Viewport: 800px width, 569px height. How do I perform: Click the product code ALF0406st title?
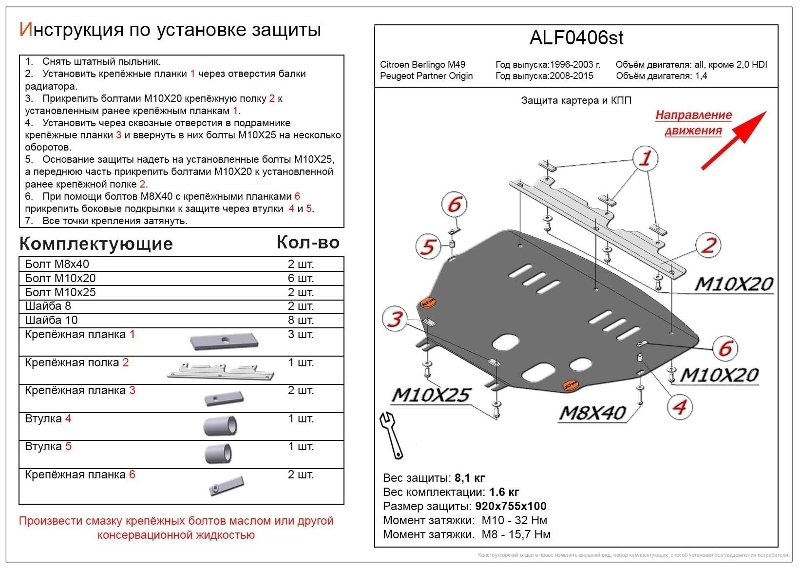coord(576,38)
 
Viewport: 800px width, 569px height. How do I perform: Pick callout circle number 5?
coord(428,246)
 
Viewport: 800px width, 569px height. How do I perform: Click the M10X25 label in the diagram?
coord(431,395)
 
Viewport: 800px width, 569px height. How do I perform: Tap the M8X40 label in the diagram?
coord(592,413)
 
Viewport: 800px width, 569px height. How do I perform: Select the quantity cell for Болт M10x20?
coord(301,278)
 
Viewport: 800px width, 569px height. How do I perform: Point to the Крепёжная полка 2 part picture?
coord(220,371)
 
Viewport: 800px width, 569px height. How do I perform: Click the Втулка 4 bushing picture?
coord(220,426)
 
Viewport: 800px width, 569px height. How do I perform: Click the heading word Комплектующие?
coord(96,244)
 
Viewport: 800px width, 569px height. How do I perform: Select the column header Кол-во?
coord(308,242)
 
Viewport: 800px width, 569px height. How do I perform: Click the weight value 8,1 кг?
coord(470,478)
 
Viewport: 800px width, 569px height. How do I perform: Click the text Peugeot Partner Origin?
coord(426,76)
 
